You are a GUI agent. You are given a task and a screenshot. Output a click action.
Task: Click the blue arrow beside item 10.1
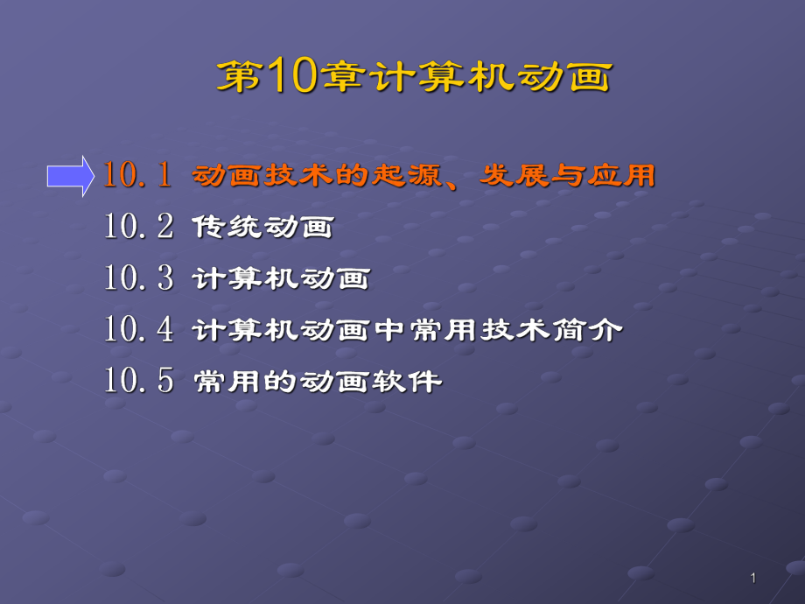70,176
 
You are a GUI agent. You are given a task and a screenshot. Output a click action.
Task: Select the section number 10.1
138,175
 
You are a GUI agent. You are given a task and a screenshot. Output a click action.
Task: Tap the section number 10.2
138,227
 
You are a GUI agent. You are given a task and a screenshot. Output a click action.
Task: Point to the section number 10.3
138,278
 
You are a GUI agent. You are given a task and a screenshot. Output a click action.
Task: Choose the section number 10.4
138,330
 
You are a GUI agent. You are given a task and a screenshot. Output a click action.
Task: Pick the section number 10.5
138,381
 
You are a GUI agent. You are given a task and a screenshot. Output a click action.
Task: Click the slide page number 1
752,578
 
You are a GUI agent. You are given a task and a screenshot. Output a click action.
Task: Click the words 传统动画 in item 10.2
262,228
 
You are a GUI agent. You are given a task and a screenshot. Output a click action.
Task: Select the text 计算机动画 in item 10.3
281,280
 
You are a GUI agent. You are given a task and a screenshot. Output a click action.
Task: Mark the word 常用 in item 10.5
227,383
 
